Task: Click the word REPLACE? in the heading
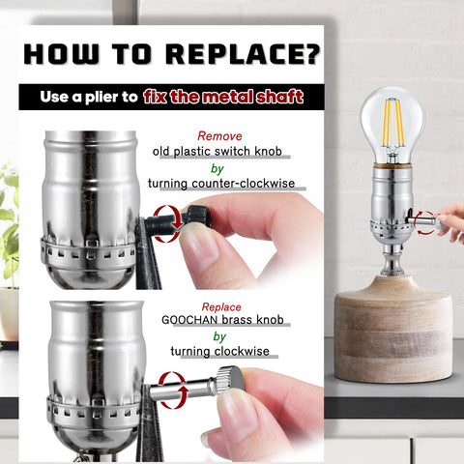(x=243, y=53)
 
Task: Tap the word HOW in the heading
(x=61, y=53)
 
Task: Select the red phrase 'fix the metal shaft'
(x=223, y=97)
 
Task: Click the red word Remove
(x=219, y=136)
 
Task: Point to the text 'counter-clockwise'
(x=244, y=184)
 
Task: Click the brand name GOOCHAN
(x=189, y=320)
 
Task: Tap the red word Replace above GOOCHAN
(x=221, y=307)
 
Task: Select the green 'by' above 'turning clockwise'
(x=219, y=336)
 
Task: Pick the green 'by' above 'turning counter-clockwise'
(x=217, y=168)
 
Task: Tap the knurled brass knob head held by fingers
(x=229, y=379)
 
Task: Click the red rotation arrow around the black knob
(x=167, y=223)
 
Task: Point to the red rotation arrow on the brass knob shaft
(x=173, y=391)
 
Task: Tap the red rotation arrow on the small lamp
(x=424, y=222)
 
